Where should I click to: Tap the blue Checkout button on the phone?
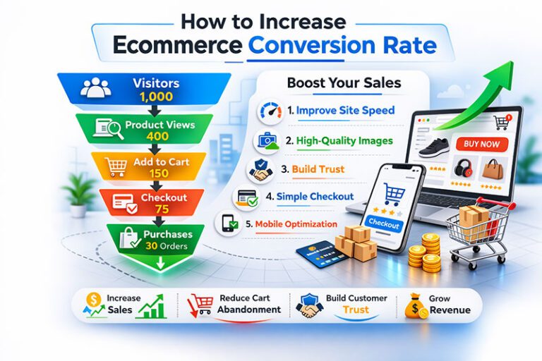(385, 224)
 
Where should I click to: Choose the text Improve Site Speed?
(345, 111)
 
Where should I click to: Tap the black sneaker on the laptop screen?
(435, 148)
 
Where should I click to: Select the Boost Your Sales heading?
(344, 82)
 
